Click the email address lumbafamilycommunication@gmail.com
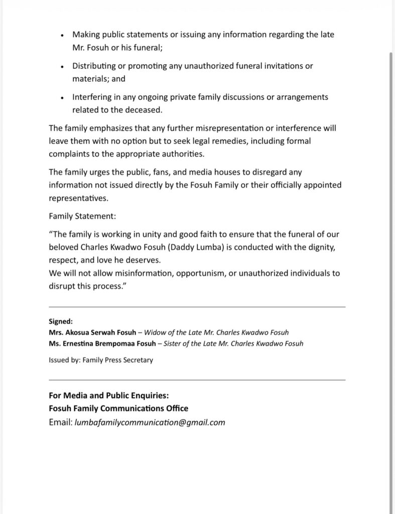(x=150, y=422)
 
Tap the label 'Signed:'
(x=61, y=321)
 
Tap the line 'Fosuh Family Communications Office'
(x=118, y=409)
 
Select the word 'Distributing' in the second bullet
(x=94, y=66)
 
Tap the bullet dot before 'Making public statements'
(x=61, y=35)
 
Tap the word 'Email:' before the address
(x=61, y=422)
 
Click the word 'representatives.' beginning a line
(x=79, y=198)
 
